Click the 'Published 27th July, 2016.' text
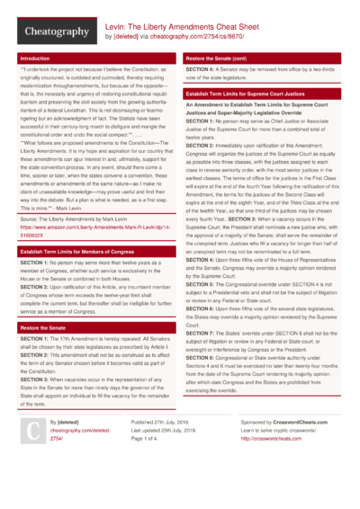pyautogui.click(x=163, y=447)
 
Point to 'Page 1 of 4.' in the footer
pyautogui.click(x=148, y=465)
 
